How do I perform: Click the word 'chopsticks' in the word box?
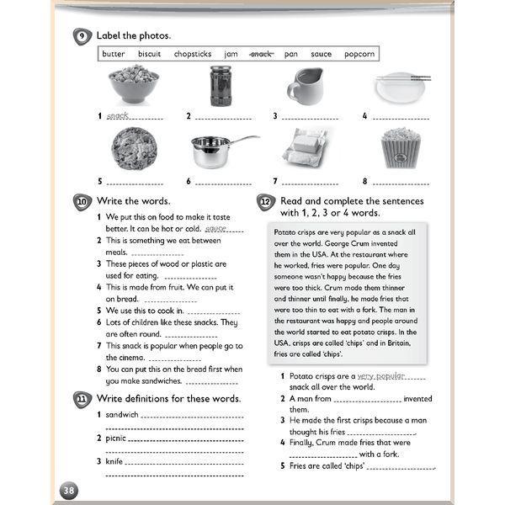coord(193,54)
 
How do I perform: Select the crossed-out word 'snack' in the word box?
coord(261,54)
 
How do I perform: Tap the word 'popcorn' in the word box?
coord(359,54)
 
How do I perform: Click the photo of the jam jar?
coord(221,87)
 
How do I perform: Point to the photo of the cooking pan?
coord(221,150)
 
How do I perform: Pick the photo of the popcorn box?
coord(401,148)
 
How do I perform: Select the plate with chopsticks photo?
coord(401,87)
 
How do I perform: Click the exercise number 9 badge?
coord(82,35)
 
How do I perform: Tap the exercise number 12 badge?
coord(264,203)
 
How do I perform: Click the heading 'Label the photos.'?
coord(134,35)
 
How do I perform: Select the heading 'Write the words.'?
coord(134,201)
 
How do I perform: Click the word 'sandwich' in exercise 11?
coord(122,414)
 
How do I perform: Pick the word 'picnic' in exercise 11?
coord(117,438)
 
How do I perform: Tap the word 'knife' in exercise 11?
coord(114,461)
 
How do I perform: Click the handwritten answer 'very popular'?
coord(380,376)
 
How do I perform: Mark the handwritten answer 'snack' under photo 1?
coord(118,116)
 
